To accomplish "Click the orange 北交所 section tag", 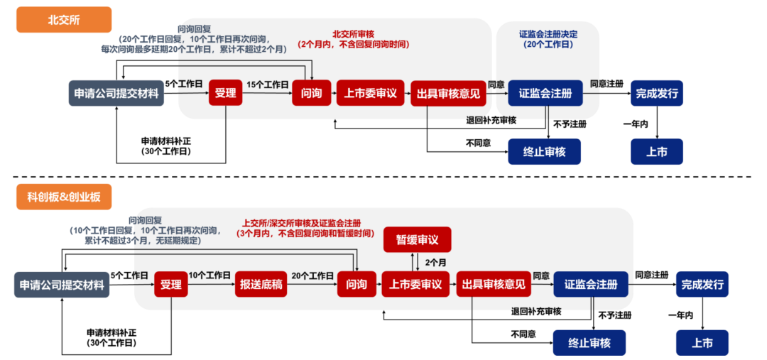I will coord(65,19).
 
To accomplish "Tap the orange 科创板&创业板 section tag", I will coord(65,197).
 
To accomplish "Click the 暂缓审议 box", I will coord(417,240).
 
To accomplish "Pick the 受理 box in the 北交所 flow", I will coord(226,93).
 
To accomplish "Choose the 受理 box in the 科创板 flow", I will coord(171,285).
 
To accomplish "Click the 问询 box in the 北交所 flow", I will coord(312,93).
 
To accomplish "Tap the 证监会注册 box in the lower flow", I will coord(590,285).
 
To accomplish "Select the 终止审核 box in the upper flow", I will coord(544,151).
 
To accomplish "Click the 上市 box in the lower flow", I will coord(702,343).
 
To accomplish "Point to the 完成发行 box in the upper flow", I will coord(656,93).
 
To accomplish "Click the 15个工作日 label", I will coord(267,84).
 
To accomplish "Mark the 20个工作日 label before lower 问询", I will coord(312,276).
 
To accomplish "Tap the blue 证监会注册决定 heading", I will coord(547,34).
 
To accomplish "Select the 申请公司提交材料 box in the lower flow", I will coord(62,285).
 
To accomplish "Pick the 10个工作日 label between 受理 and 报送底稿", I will coord(210,276).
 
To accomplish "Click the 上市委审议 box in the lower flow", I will coord(416,285).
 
